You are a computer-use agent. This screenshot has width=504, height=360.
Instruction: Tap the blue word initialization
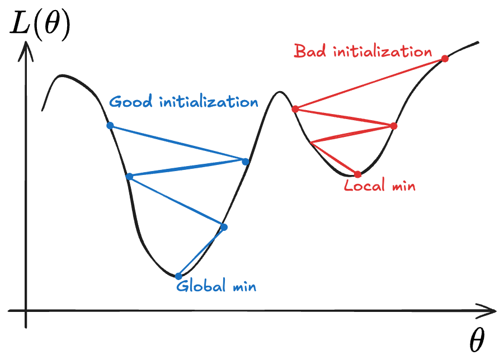[x=209, y=103]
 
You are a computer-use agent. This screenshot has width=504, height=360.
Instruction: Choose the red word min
[x=403, y=186]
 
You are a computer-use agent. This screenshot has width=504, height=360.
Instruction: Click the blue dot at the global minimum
[x=178, y=276]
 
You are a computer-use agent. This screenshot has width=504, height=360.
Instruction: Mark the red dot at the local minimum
[x=358, y=174]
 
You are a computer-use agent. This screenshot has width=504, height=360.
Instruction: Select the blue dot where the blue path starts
[x=110, y=126]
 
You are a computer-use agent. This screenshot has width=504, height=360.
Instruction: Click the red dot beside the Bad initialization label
[x=445, y=59]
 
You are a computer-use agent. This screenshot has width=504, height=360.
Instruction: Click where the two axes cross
[x=26, y=310]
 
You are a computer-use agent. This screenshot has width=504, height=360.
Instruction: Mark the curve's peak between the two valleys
[x=279, y=92]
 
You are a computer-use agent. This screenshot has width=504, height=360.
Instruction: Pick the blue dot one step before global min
[x=224, y=227]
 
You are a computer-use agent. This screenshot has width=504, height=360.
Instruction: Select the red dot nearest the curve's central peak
[x=295, y=109]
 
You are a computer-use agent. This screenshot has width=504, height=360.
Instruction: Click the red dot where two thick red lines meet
[x=394, y=126]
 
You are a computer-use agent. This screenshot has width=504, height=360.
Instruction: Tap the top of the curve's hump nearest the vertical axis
[x=63, y=75]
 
